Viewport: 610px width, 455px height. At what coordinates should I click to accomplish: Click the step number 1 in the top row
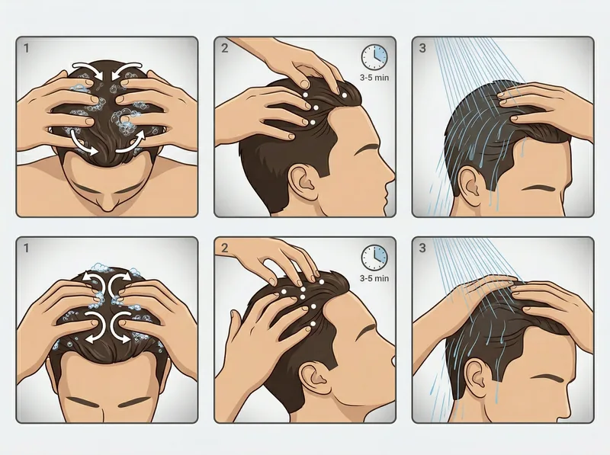pyautogui.click(x=27, y=48)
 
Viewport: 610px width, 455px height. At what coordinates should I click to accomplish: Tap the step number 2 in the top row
pyautogui.click(x=225, y=48)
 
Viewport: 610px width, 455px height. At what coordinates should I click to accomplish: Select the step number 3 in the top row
pyautogui.click(x=423, y=48)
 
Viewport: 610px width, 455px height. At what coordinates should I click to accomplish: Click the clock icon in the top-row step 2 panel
pyautogui.click(x=374, y=56)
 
